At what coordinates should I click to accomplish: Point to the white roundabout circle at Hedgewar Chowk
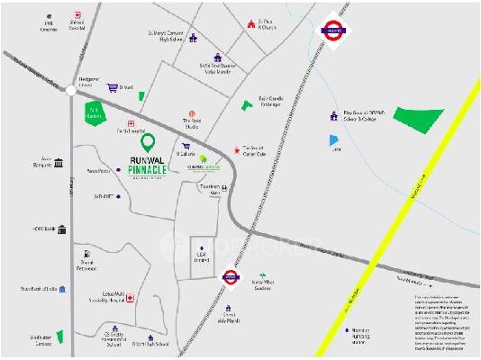71,89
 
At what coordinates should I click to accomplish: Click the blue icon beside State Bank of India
61,289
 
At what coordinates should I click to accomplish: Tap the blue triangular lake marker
334,140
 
